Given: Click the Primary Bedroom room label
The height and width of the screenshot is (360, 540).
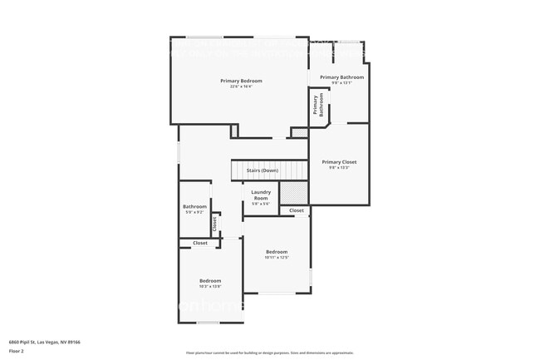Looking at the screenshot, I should [x=241, y=81].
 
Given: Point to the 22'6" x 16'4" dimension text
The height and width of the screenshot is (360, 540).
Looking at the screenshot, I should [x=241, y=86].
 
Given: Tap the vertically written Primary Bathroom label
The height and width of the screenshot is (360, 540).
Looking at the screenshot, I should [x=317, y=104].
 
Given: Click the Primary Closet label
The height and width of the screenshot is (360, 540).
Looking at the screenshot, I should [x=339, y=162].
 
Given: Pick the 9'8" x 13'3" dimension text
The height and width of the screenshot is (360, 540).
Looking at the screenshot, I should [x=339, y=168].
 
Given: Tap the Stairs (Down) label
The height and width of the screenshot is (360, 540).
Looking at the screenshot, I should [x=263, y=170].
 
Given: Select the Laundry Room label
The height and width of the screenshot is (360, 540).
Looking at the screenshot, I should [x=261, y=195].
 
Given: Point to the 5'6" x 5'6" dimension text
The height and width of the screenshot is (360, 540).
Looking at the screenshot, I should [x=261, y=205].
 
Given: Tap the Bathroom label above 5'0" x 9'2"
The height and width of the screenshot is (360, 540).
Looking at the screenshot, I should [x=194, y=207].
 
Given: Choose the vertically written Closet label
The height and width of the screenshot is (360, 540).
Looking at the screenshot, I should [x=214, y=224].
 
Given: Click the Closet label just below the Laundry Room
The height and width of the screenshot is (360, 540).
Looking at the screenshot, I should [x=297, y=210].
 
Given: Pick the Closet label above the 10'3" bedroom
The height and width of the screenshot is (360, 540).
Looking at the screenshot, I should [x=200, y=243].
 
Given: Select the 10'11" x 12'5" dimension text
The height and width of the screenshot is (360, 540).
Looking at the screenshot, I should [x=277, y=258].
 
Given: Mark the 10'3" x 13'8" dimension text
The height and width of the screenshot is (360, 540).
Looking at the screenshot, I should [x=210, y=286].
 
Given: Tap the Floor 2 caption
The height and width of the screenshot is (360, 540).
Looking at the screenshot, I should [x=17, y=352].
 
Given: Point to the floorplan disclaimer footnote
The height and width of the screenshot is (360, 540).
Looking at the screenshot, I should [x=269, y=353].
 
